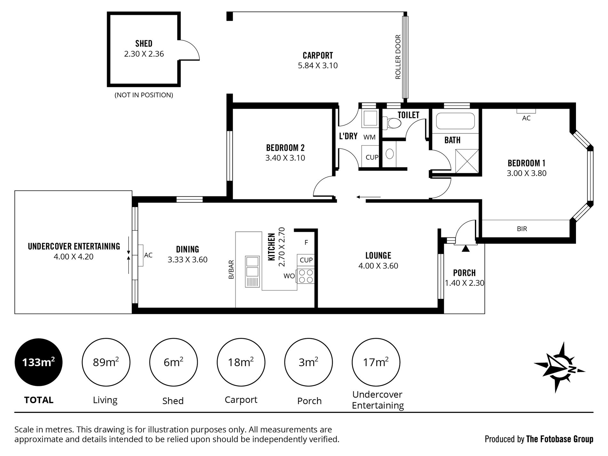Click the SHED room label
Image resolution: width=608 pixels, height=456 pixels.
(x=144, y=44)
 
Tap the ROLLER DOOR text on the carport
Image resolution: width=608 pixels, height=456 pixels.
(x=398, y=57)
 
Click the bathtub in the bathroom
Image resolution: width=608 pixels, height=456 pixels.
(x=455, y=121)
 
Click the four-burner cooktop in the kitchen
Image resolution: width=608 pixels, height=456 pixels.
(x=306, y=276)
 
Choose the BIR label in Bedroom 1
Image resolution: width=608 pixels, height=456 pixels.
(x=522, y=229)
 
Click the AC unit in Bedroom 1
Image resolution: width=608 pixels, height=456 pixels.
(x=526, y=111)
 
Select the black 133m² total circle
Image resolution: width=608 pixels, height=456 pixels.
(x=39, y=363)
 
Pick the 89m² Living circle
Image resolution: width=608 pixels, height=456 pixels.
(x=106, y=363)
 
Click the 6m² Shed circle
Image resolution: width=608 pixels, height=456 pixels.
(x=173, y=363)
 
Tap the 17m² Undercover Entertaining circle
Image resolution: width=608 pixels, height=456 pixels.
(x=376, y=363)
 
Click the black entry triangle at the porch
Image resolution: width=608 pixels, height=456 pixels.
(x=466, y=248)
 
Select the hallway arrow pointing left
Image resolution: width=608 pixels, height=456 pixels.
(x=368, y=197)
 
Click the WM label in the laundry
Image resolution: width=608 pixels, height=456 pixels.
(x=369, y=137)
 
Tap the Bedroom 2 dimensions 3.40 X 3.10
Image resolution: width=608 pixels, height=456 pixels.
(x=285, y=158)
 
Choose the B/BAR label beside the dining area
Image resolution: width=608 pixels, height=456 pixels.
(x=231, y=269)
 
